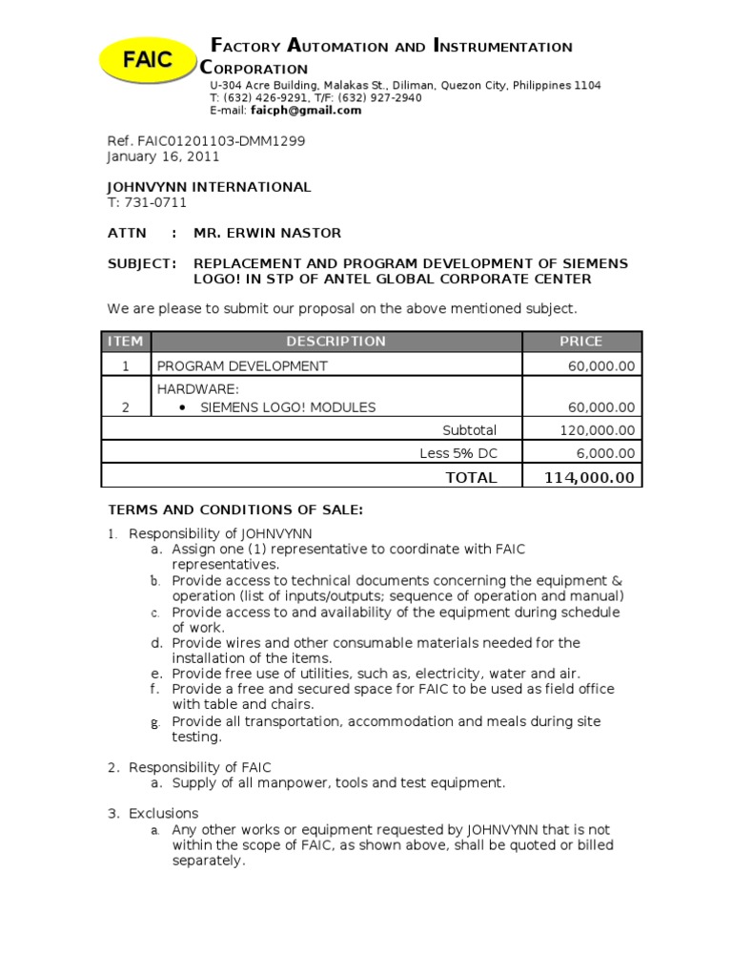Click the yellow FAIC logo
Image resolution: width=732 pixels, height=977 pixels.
coord(147,59)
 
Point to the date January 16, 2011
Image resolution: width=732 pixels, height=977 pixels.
coord(163,156)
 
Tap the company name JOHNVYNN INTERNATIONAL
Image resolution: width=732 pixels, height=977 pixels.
coord(209,187)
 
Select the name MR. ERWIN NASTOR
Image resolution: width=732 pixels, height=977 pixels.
coord(267,233)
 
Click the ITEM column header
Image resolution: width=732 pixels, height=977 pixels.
coord(126,342)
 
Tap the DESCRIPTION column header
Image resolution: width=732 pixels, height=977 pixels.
coord(335,342)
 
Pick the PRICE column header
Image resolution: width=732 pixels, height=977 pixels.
coord(580,342)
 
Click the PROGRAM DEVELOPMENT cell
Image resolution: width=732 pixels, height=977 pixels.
coord(242,366)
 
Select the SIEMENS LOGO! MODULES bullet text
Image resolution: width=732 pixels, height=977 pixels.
coord(288,407)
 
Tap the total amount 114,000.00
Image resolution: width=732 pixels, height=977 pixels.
coord(589,477)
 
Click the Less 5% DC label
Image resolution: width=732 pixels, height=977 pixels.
coord(457,453)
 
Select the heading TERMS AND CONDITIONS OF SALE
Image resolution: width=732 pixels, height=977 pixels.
coord(234,510)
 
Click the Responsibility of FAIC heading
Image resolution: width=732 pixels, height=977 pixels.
coord(200,767)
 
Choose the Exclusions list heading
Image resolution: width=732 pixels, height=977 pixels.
coord(164,813)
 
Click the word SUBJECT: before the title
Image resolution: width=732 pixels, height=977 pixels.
coord(141,263)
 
